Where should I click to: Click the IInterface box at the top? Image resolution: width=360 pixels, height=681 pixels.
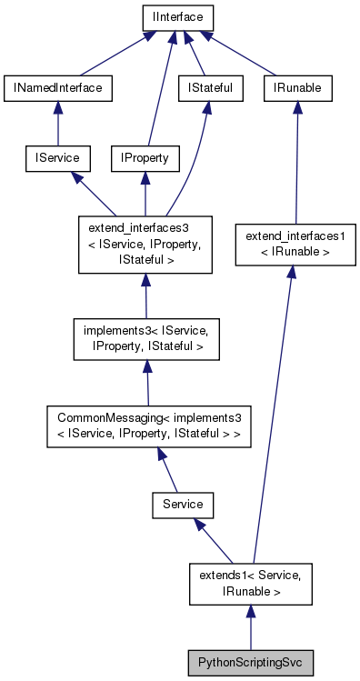176,16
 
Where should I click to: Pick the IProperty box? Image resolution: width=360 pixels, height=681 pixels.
145,158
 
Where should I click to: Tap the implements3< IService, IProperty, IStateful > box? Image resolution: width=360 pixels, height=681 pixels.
145,337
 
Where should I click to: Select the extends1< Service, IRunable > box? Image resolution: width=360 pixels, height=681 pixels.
250,583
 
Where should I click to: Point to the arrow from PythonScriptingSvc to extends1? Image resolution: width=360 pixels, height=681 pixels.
250,627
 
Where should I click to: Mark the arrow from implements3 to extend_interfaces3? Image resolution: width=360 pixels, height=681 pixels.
145,295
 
